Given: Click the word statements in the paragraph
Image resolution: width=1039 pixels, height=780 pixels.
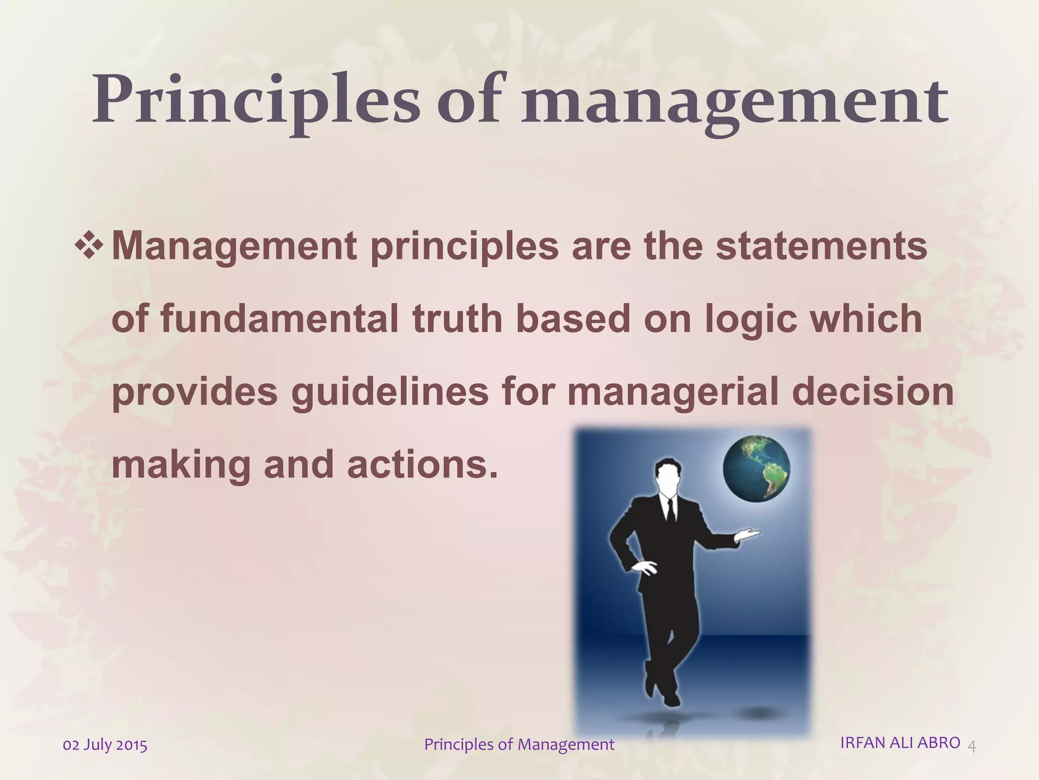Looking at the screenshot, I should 821,247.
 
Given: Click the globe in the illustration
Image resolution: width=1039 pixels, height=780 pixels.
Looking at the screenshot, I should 756,468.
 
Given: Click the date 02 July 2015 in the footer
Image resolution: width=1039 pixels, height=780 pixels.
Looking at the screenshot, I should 105,745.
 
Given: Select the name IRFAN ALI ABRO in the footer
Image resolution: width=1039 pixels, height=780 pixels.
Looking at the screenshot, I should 900,742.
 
